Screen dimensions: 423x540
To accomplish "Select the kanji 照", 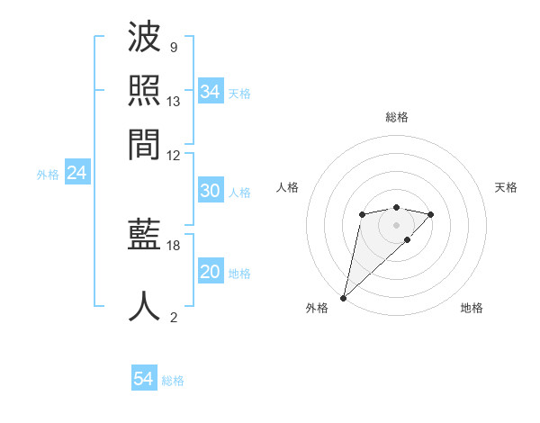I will (x=145, y=91).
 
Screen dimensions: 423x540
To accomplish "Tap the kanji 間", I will (x=145, y=142).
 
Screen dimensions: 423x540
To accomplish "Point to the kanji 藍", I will (x=145, y=238).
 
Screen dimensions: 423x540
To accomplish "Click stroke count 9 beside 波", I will (x=173, y=48).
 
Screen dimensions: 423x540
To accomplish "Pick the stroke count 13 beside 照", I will (x=175, y=101).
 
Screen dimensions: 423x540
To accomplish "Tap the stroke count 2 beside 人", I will (x=173, y=317).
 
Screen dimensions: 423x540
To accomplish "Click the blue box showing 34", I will (x=210, y=92).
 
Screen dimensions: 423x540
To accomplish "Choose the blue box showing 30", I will (x=210, y=191).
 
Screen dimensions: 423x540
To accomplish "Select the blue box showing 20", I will (x=210, y=272).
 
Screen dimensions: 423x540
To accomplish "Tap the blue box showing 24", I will (x=76, y=173).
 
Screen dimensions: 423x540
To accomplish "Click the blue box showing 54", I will (x=143, y=380).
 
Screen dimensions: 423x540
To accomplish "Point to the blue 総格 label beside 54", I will (x=173, y=381).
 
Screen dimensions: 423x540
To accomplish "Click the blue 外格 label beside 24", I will (x=48, y=175).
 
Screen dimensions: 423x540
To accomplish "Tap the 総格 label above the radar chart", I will (x=397, y=117).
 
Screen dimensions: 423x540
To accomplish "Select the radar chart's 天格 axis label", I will (x=506, y=187).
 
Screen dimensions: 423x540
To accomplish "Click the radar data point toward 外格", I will (x=343, y=297).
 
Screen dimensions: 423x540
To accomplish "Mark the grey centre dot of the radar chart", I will (x=396, y=223).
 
